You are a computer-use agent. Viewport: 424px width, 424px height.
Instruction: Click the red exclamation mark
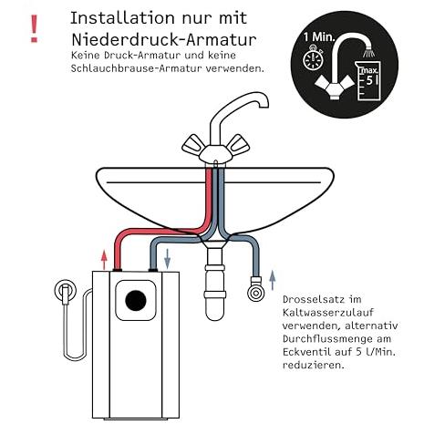35,29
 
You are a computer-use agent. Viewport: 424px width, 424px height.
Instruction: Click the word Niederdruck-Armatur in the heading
164,40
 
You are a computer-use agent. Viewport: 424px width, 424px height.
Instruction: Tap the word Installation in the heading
122,17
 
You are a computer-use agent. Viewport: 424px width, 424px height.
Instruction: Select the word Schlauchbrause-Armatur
136,68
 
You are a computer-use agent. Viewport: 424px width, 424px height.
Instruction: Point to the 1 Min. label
319,37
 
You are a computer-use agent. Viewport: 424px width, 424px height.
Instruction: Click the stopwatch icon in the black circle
313,57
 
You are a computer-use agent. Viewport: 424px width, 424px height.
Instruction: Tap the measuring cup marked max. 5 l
369,81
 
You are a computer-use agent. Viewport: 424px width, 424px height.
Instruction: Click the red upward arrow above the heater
104,260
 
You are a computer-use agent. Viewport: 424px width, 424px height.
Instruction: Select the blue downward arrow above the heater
167,259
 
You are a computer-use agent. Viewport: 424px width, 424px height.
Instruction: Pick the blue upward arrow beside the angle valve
273,280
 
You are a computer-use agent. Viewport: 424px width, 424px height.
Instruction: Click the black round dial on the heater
136,301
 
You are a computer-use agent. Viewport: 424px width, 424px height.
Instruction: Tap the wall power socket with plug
65,291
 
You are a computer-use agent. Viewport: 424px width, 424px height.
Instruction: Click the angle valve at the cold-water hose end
256,291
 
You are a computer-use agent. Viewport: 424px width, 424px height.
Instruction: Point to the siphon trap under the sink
215,283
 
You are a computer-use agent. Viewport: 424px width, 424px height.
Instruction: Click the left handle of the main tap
192,144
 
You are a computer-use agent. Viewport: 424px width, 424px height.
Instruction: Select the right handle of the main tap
239,144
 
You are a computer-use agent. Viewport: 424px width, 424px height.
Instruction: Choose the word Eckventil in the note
306,352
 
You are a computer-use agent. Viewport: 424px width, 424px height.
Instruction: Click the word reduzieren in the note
314,365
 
